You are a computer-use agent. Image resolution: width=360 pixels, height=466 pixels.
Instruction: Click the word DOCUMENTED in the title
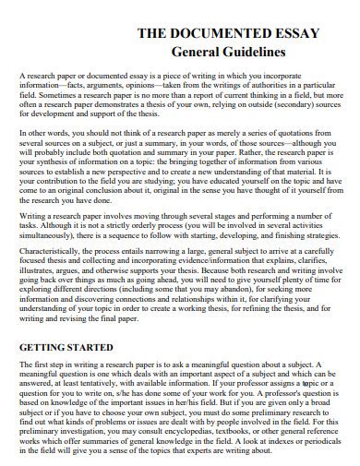(199, 32)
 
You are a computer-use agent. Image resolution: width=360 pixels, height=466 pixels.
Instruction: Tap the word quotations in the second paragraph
(305, 135)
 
